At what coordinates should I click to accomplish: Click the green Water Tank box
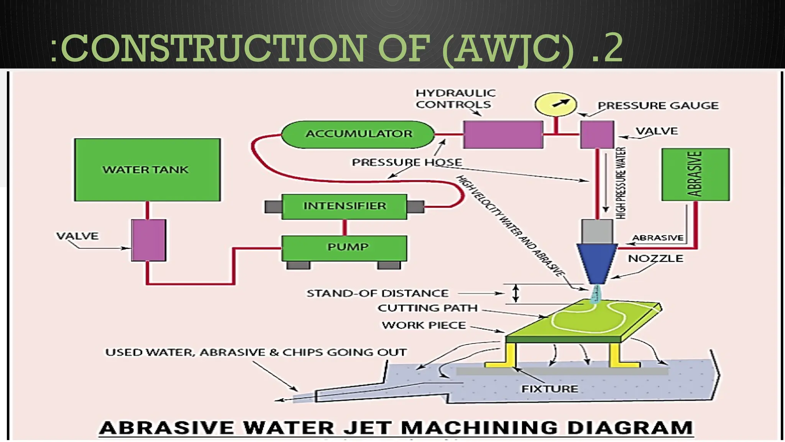[147, 170]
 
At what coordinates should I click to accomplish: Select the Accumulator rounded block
[358, 134]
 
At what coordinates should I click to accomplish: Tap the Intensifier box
[344, 206]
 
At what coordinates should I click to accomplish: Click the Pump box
[344, 248]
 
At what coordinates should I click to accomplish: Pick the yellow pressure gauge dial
[555, 104]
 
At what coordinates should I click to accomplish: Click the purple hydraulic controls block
[503, 134]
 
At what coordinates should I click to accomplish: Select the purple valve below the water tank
[149, 240]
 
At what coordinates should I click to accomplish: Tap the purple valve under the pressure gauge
[597, 134]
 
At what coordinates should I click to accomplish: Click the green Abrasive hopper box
[695, 174]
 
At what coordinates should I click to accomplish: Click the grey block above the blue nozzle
[597, 231]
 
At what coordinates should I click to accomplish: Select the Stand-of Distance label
[377, 294]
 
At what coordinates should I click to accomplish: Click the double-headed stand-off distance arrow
[516, 294]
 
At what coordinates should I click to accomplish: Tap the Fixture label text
[549, 389]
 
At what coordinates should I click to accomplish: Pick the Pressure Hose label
[407, 162]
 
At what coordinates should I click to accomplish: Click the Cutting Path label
[427, 308]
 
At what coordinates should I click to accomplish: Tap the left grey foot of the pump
[298, 265]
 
